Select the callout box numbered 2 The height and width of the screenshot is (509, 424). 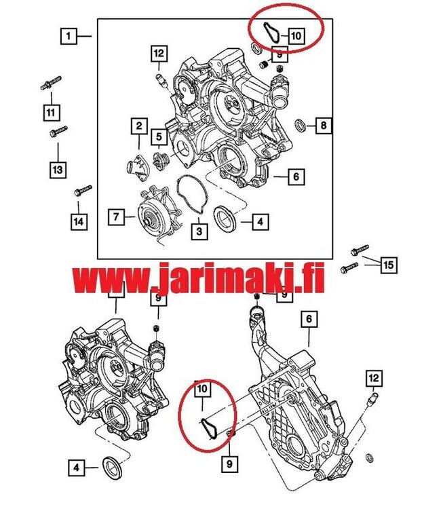(138, 126)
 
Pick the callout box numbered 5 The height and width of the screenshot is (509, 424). (159, 137)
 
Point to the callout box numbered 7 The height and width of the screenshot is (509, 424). (116, 217)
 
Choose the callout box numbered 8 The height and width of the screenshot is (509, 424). (324, 126)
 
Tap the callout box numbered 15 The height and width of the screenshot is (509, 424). (387, 264)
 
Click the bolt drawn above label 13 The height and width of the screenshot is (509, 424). (58, 131)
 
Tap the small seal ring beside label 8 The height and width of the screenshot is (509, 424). (299, 125)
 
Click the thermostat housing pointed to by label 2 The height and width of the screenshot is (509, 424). (136, 165)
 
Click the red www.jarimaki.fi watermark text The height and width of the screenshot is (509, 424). (197, 278)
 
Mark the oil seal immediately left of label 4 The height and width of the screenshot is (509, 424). (225, 220)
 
